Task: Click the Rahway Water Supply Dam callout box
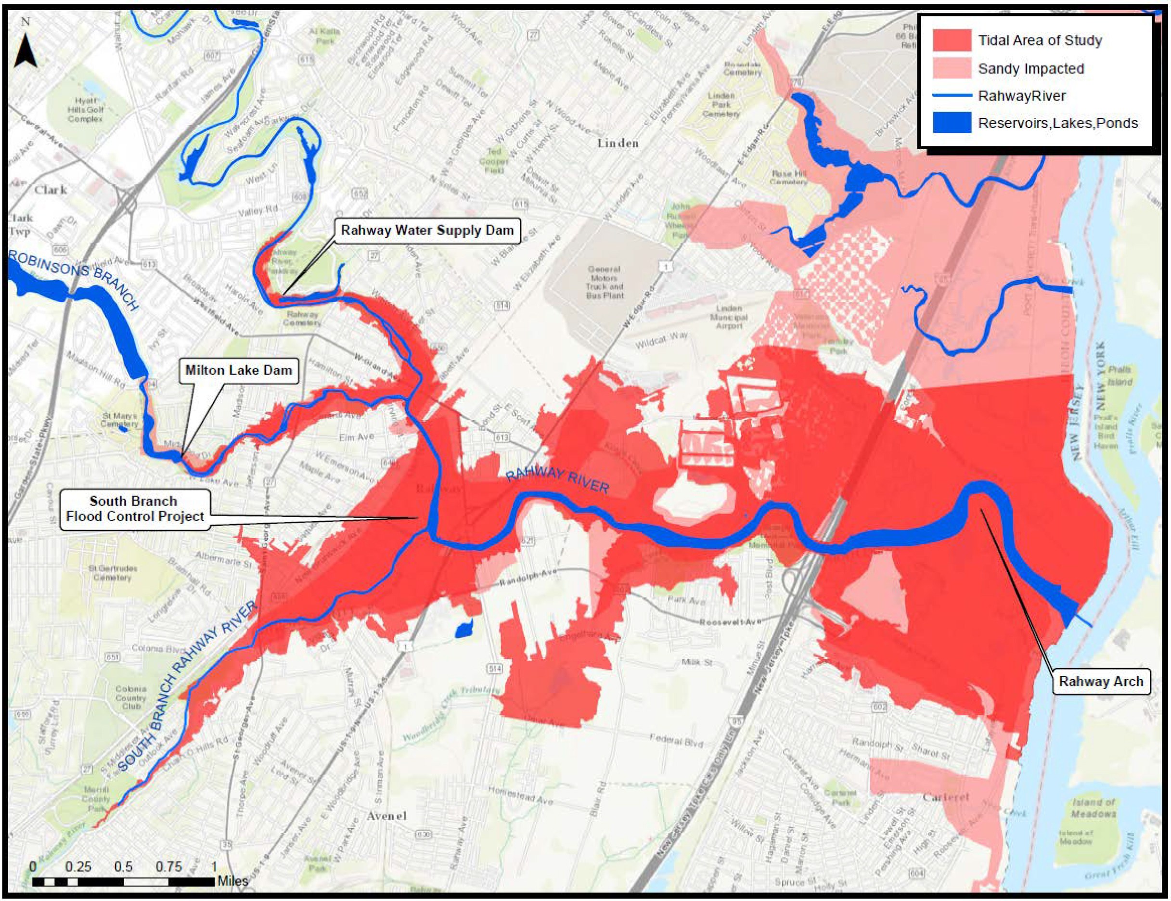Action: [427, 231]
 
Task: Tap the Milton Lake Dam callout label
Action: [239, 370]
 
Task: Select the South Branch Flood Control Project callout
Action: [135, 509]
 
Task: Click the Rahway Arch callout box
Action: [1101, 682]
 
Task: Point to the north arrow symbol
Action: [25, 51]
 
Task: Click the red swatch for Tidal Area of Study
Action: [952, 41]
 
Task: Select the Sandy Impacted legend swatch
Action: [952, 69]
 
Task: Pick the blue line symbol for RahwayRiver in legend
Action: [952, 96]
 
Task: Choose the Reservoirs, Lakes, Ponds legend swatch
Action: [952, 123]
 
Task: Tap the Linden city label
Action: [618, 144]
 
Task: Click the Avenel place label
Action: [386, 816]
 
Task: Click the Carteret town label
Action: [946, 797]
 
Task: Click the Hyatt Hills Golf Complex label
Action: [86, 109]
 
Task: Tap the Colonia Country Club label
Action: [131, 698]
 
